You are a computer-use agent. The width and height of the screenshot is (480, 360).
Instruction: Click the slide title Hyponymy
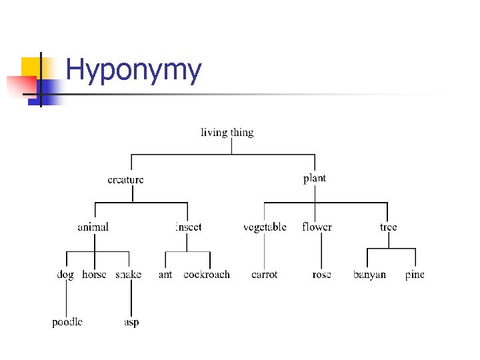(133, 71)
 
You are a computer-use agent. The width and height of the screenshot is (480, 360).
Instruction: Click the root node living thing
(227, 132)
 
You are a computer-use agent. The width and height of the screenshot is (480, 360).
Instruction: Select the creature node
(125, 179)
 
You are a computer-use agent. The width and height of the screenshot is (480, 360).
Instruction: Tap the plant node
(315, 178)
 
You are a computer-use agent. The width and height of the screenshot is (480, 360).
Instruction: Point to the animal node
(93, 227)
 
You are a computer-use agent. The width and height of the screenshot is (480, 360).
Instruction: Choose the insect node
(188, 227)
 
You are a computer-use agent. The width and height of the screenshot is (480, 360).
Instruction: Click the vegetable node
(265, 227)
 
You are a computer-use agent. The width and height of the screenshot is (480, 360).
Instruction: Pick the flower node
(317, 227)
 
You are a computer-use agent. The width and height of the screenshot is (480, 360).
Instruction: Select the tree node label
(388, 227)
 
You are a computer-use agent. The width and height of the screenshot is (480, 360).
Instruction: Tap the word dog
(65, 274)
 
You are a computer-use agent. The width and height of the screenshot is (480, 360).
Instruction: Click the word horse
(94, 274)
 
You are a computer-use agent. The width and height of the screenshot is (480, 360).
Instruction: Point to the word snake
(129, 274)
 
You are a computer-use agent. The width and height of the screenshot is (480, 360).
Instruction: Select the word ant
(165, 274)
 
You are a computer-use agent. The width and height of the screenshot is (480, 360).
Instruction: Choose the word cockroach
(207, 274)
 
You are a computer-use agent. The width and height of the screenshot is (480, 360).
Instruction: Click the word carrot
(265, 274)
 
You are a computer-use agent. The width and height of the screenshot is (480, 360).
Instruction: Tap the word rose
(321, 274)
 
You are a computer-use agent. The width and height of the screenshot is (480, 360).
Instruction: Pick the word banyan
(369, 274)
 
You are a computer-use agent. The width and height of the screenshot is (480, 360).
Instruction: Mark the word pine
(415, 274)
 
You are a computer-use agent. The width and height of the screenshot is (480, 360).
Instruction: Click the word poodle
(67, 322)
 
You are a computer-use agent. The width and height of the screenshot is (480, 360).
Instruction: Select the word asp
(131, 322)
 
